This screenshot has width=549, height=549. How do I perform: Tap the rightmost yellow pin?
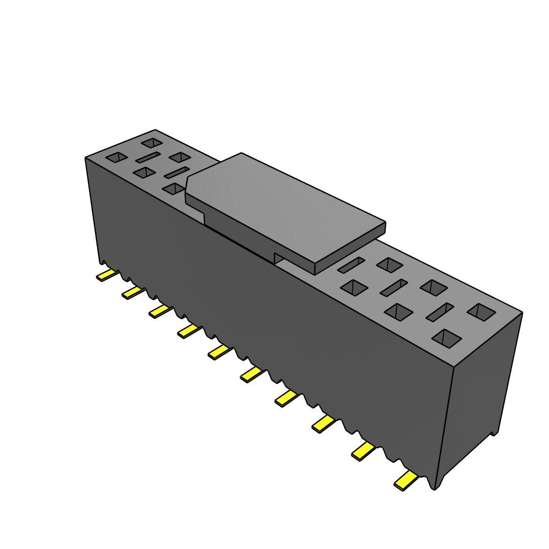[x=405, y=480]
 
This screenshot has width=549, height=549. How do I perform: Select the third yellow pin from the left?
[x=160, y=311]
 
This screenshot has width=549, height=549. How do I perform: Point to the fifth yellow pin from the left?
[x=219, y=352]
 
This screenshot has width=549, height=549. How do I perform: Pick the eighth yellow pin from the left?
[x=322, y=424]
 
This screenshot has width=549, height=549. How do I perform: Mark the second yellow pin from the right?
[x=363, y=451]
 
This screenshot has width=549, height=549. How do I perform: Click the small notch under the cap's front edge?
[x=278, y=258]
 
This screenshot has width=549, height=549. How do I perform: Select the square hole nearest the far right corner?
[x=481, y=312]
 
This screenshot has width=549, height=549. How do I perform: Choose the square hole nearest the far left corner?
[x=116, y=158]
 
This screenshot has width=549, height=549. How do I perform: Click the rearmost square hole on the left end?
[x=152, y=143]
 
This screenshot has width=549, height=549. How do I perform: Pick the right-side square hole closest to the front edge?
[x=447, y=337]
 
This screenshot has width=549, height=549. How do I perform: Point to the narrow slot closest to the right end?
[x=439, y=311]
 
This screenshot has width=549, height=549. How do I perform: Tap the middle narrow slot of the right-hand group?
[x=394, y=287]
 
